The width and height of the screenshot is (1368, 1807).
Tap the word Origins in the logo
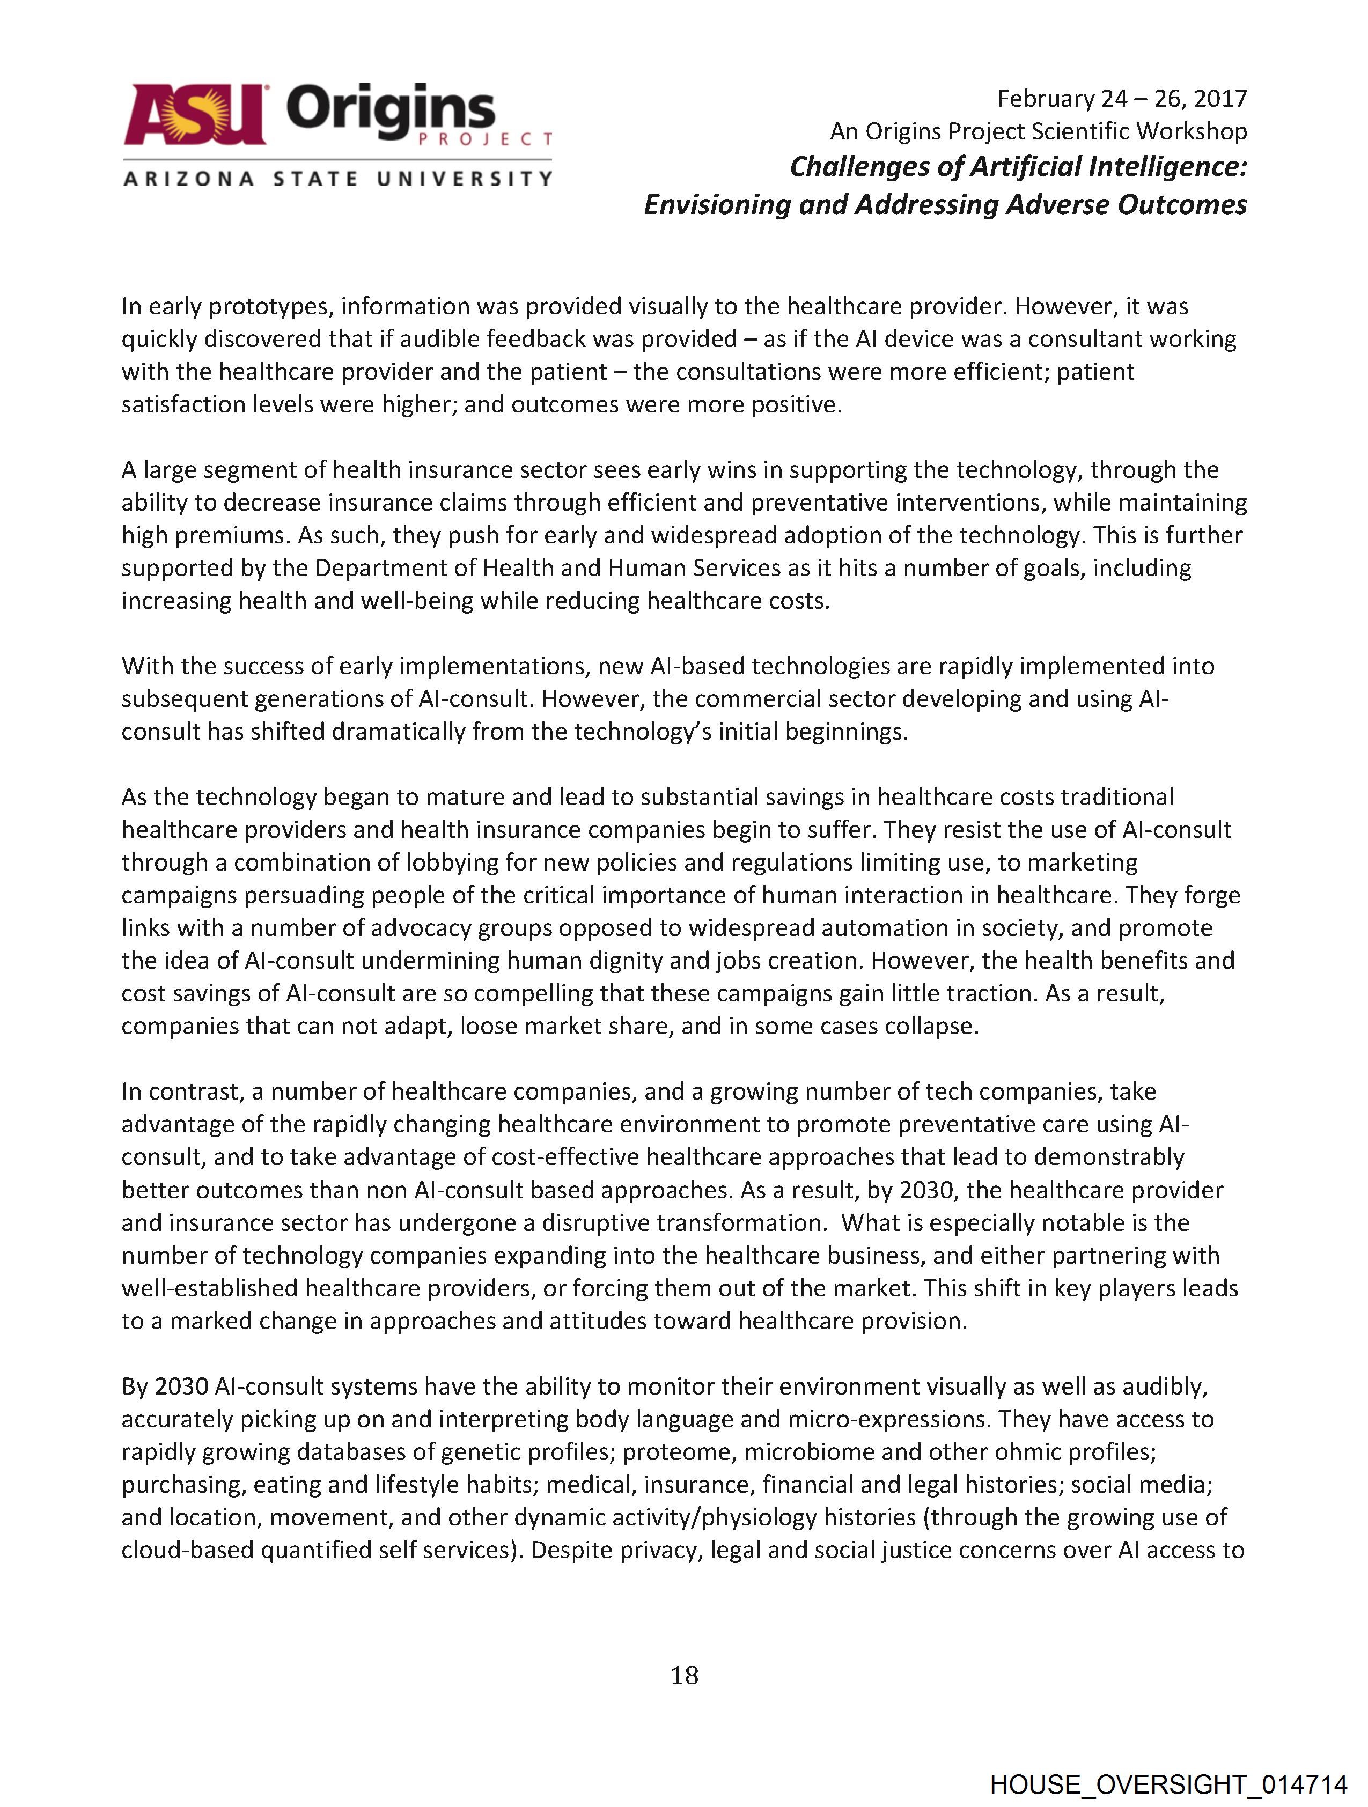(391, 110)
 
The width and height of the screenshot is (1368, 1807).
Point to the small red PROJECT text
(484, 139)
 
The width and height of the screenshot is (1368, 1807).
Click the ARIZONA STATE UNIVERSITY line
(337, 178)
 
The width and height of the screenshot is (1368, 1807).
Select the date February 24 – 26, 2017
(1121, 99)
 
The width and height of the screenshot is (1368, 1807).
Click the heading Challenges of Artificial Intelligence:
(1018, 167)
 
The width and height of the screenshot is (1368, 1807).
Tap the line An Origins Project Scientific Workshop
(1038, 131)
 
